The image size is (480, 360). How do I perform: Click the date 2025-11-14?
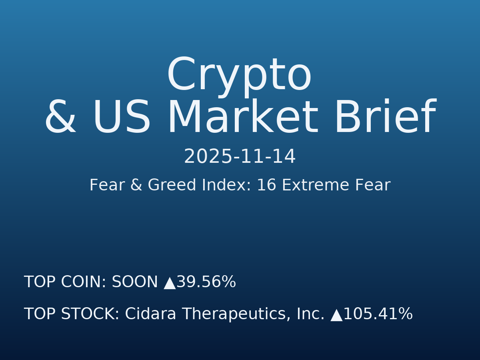240,157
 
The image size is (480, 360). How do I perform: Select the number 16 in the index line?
264,186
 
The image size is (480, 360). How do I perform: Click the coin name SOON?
135,282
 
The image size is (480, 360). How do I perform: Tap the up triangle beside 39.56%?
170,283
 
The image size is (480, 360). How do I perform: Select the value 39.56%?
206,282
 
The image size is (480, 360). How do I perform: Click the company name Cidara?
150,314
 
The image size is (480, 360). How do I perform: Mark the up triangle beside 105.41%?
336,315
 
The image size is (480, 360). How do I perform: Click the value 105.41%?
378,314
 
